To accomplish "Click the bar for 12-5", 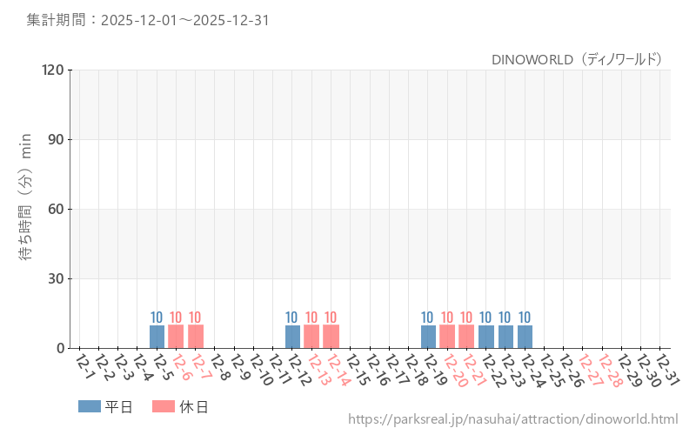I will point(157,337).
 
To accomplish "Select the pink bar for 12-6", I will point(176,337).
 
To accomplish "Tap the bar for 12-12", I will point(292,337).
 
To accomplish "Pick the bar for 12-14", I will point(331,337).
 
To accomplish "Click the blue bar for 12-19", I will point(428,337).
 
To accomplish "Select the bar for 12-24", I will point(525,337).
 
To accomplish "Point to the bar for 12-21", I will point(466,337).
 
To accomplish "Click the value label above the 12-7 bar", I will point(195,318).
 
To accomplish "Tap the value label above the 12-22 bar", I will point(486,318).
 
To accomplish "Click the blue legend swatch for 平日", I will point(90,406).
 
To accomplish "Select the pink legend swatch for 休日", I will point(164,406).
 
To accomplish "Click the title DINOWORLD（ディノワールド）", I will point(578,59).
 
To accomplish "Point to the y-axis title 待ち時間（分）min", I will point(26,197).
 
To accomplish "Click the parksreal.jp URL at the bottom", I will point(512,419).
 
